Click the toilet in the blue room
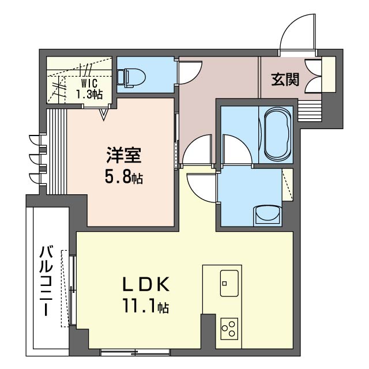131,78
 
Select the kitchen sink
229,283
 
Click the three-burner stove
229,329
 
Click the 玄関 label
285,80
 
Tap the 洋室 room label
124,155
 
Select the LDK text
146,284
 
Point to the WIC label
89,83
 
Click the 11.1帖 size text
145,306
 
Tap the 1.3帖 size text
89,94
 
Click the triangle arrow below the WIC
103,114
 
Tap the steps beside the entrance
310,111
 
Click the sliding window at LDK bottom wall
135,352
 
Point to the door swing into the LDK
202,188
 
